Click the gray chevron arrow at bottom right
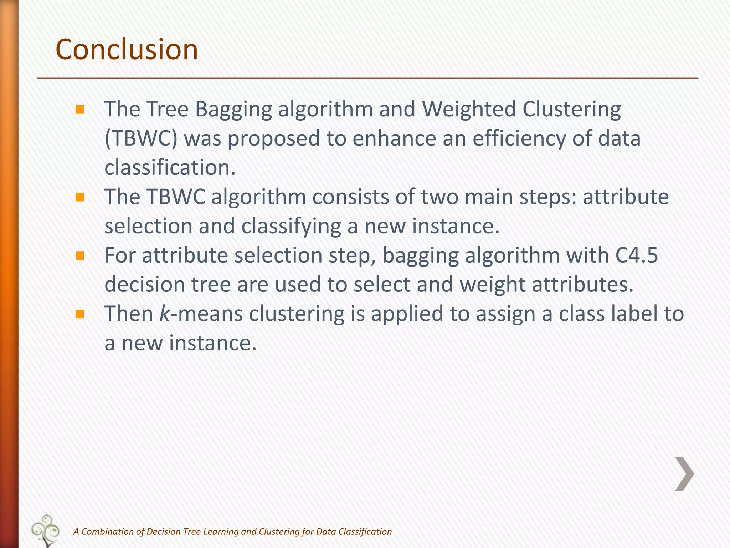tap(684, 474)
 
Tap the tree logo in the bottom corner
tap(46, 531)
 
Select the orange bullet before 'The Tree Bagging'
tap(79, 109)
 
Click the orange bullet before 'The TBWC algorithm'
tap(79, 197)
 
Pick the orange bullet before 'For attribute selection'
tap(79, 255)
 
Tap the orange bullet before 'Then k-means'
tap(79, 314)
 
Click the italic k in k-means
tap(164, 314)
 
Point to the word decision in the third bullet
tap(145, 285)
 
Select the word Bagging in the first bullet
tap(233, 109)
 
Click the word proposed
tap(274, 138)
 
